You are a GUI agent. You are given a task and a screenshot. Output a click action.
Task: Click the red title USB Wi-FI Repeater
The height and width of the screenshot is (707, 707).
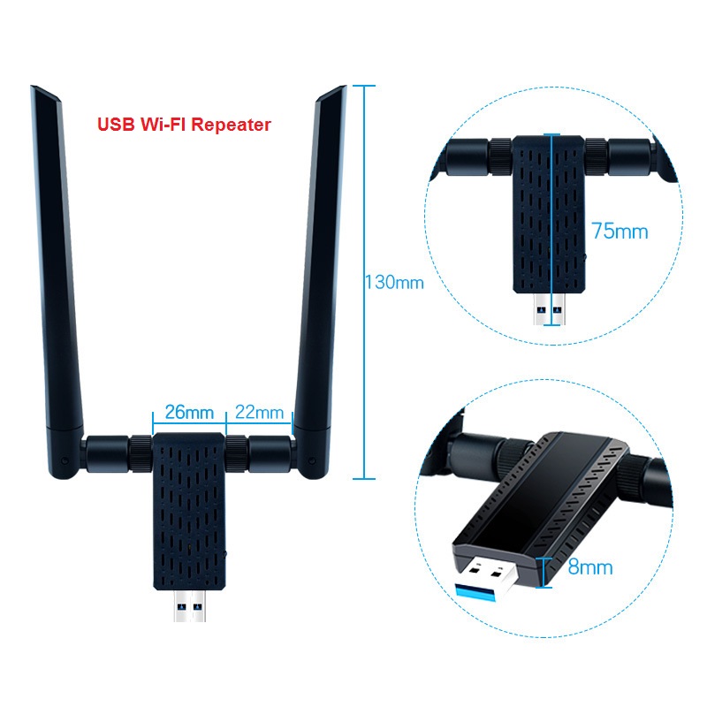(184, 125)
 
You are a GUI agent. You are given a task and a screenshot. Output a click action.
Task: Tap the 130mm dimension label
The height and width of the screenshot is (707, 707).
(394, 283)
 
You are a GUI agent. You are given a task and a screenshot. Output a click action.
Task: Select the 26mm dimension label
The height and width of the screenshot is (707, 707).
(189, 412)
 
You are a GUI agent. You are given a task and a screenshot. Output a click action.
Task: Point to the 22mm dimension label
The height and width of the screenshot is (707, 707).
(259, 412)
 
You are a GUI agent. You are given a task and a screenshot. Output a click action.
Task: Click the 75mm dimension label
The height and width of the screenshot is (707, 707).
(620, 231)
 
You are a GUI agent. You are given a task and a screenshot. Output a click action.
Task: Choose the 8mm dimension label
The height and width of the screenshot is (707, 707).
(590, 566)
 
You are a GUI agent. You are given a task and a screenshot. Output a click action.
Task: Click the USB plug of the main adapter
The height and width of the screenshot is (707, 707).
(189, 605)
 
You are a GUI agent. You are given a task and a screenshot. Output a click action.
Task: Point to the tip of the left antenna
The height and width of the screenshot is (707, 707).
(32, 86)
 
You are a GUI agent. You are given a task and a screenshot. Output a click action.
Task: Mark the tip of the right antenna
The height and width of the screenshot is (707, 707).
(346, 86)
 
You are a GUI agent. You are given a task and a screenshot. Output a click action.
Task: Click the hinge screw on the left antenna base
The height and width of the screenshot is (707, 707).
(65, 460)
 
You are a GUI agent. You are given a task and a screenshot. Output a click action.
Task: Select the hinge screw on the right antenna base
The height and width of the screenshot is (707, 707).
(312, 460)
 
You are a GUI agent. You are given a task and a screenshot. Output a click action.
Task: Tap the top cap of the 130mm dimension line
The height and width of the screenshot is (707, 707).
(364, 85)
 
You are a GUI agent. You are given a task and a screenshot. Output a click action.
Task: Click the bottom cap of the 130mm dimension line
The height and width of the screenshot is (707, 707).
(364, 478)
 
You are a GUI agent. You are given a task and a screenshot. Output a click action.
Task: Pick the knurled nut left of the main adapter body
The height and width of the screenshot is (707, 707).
(141, 453)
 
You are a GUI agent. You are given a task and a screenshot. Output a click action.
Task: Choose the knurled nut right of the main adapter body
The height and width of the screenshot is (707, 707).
(237, 453)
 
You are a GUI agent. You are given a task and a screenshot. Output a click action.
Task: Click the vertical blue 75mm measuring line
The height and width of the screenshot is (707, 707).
(551, 229)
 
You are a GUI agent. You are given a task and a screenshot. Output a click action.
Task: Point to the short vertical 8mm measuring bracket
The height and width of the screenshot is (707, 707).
(544, 572)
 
